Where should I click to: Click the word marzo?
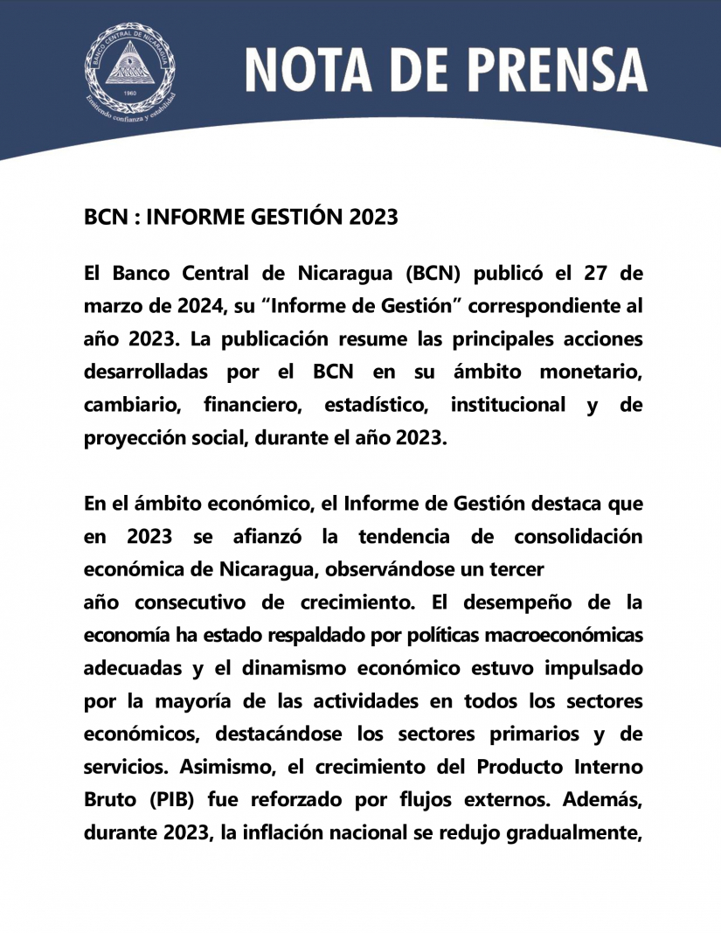click(x=112, y=306)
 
